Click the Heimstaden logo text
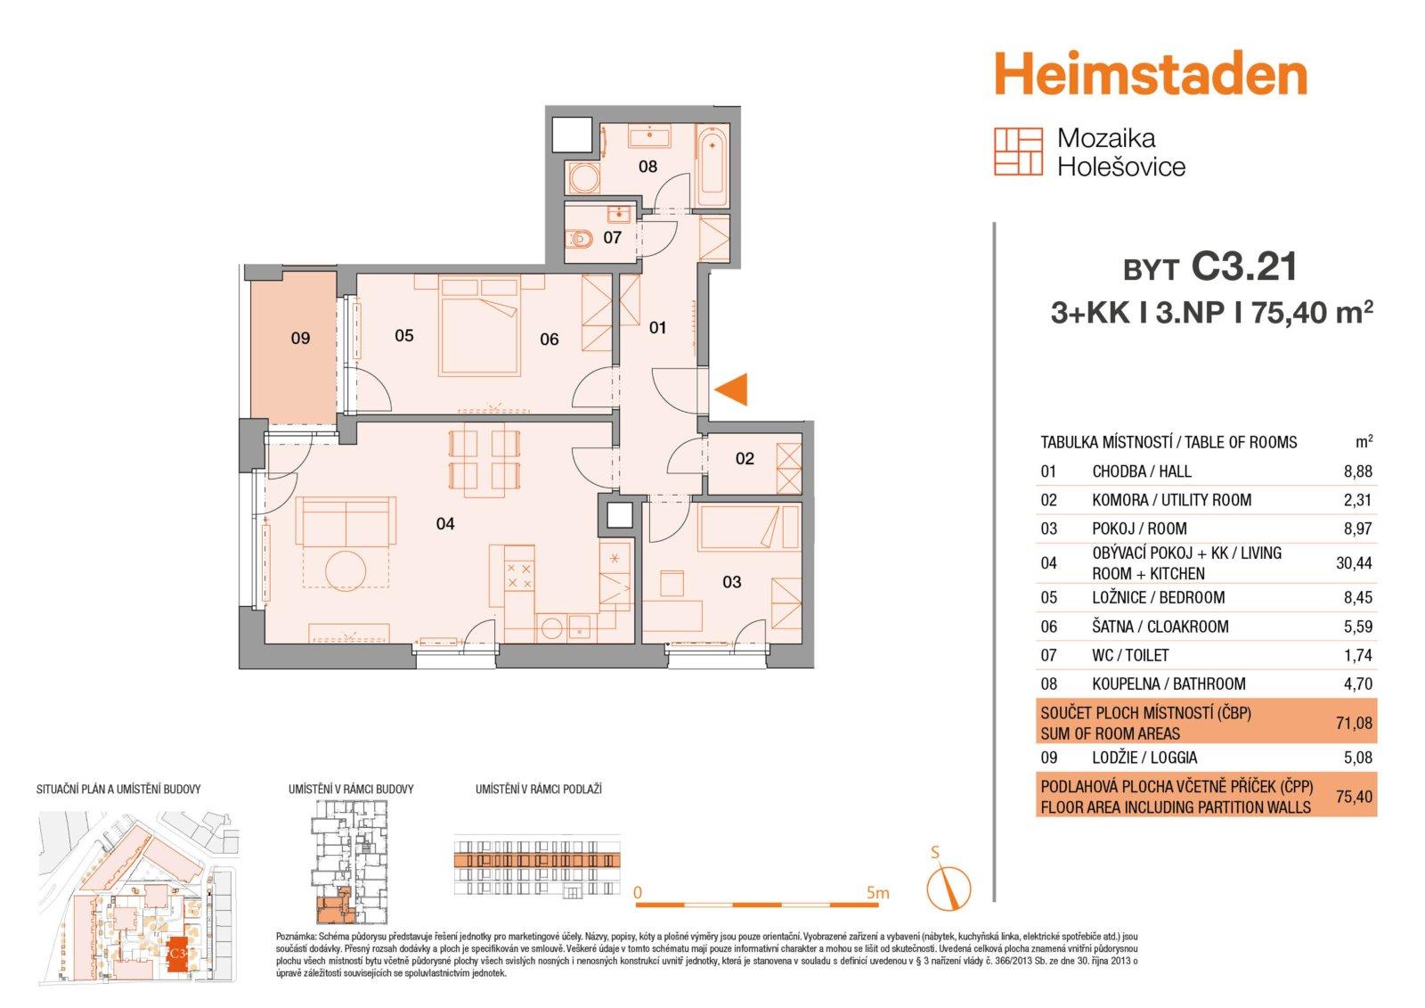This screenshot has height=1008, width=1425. pos(1150,74)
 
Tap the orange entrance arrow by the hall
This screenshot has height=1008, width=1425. pos(731,389)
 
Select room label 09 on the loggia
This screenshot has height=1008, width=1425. pos(300,338)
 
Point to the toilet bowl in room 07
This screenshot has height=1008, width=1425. pos(580,240)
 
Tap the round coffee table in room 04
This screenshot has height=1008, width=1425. pos(346,570)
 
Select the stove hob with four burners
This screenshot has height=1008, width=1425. pos(518,575)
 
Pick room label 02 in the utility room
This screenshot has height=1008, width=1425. pos(745,458)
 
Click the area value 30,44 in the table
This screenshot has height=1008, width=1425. pos(1354,563)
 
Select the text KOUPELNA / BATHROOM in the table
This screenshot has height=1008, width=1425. pos(1168,684)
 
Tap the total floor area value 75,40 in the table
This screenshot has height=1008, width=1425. pos(1354,796)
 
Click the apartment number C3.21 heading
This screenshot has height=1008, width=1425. pos(1243,266)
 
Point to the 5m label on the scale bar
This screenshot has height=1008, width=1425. pos(877,893)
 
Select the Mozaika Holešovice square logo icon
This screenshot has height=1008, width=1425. pos(1019,152)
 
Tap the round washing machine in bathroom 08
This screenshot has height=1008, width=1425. pos(584,178)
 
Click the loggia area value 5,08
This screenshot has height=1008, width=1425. pos(1357,758)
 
